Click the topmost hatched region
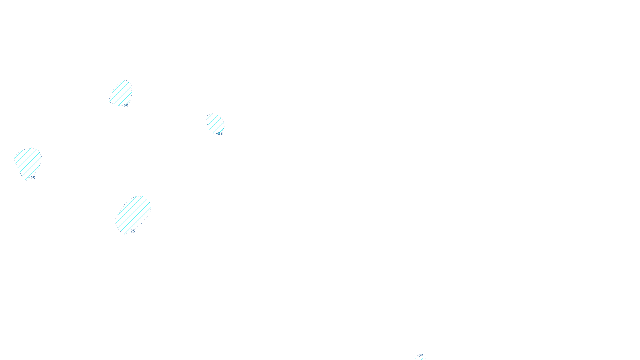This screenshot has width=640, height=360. tap(121, 93)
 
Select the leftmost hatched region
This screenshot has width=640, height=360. tap(27, 162)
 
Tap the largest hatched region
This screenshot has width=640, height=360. tap(133, 214)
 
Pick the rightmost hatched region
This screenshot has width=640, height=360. tap(215, 123)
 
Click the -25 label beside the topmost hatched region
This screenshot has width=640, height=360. tap(126, 106)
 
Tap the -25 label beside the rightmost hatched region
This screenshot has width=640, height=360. tap(220, 134)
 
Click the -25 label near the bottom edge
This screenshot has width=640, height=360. tap(420, 356)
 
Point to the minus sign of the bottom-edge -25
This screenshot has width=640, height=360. tap(417, 356)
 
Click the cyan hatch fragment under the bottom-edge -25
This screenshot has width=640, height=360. tap(422, 358)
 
